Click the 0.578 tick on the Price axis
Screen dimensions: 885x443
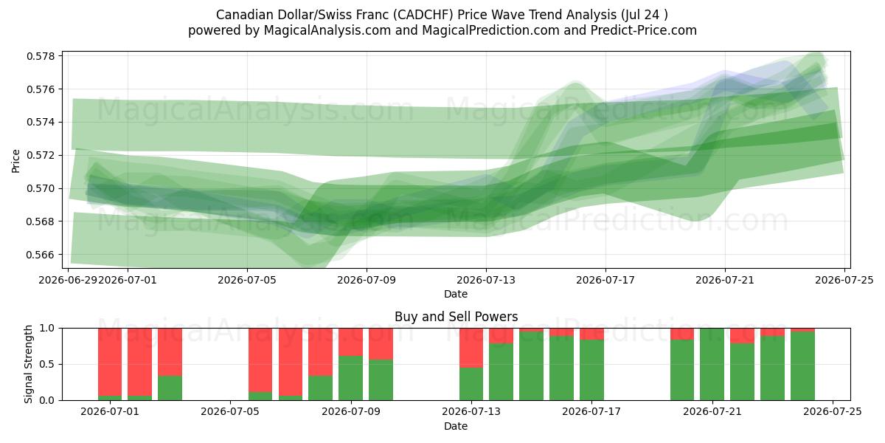click(41, 56)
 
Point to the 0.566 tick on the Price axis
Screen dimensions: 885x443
click(41, 255)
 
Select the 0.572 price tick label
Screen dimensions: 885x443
click(41, 156)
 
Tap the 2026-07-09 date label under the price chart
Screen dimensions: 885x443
click(367, 280)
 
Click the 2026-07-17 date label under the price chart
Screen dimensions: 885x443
click(605, 280)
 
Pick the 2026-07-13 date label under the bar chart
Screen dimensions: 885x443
click(471, 411)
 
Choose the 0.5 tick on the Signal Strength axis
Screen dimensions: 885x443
click(47, 364)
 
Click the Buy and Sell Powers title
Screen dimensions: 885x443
click(456, 317)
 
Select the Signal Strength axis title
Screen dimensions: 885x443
click(28, 364)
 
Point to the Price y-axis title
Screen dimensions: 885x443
click(15, 161)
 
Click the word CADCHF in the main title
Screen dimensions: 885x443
click(423, 15)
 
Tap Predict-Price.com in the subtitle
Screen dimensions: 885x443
click(644, 30)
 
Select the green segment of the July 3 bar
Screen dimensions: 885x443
click(170, 388)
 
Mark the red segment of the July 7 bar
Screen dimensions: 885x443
click(291, 362)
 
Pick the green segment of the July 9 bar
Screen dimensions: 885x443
click(351, 378)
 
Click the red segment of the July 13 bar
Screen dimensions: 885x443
click(471, 348)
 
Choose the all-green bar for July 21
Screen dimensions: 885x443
click(712, 364)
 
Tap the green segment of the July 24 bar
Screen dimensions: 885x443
click(802, 366)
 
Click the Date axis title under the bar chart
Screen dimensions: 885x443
click(456, 426)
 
